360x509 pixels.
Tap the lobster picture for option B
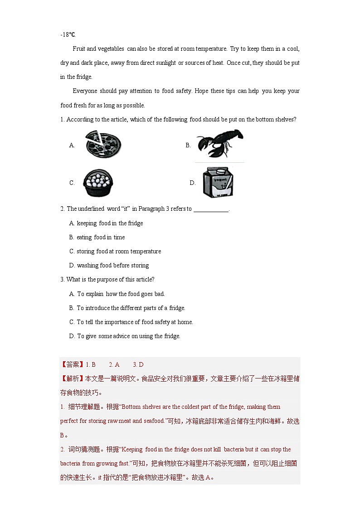[x=219, y=144]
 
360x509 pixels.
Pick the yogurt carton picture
[x=217, y=182]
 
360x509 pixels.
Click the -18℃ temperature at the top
[x=68, y=34]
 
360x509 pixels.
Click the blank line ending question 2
[x=211, y=209]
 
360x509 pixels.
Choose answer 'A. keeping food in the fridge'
[x=106, y=223]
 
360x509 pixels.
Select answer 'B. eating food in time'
[x=97, y=237]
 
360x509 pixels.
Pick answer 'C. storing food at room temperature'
[x=115, y=251]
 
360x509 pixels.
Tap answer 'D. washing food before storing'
[x=109, y=265]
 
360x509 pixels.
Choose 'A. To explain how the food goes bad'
[x=117, y=294]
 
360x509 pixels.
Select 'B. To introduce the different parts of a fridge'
[x=127, y=308]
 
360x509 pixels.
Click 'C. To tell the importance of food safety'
[x=131, y=322]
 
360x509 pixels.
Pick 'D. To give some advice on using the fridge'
[x=125, y=336]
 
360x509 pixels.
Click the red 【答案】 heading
[x=72, y=364]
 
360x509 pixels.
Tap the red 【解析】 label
[x=72, y=378]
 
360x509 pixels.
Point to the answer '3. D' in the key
[x=138, y=364]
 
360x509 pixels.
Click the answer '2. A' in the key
[x=114, y=364]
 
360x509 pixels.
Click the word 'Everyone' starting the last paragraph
[x=84, y=91]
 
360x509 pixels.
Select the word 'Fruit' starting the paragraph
[x=79, y=48]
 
